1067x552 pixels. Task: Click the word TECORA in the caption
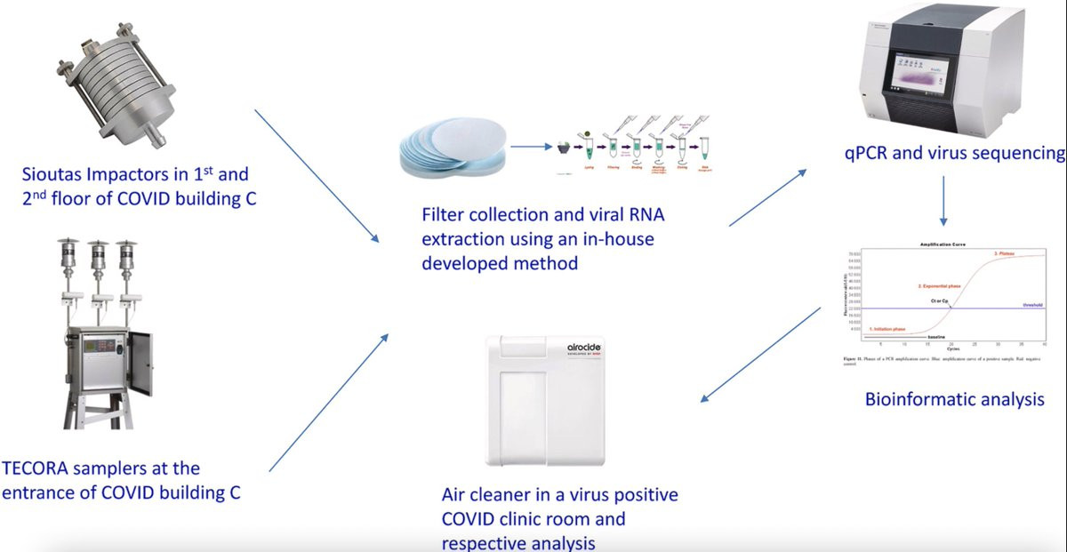pos(40,468)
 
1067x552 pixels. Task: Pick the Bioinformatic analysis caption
pos(954,399)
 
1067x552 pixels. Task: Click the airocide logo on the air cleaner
pos(586,350)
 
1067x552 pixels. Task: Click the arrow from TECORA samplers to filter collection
pos(328,403)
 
